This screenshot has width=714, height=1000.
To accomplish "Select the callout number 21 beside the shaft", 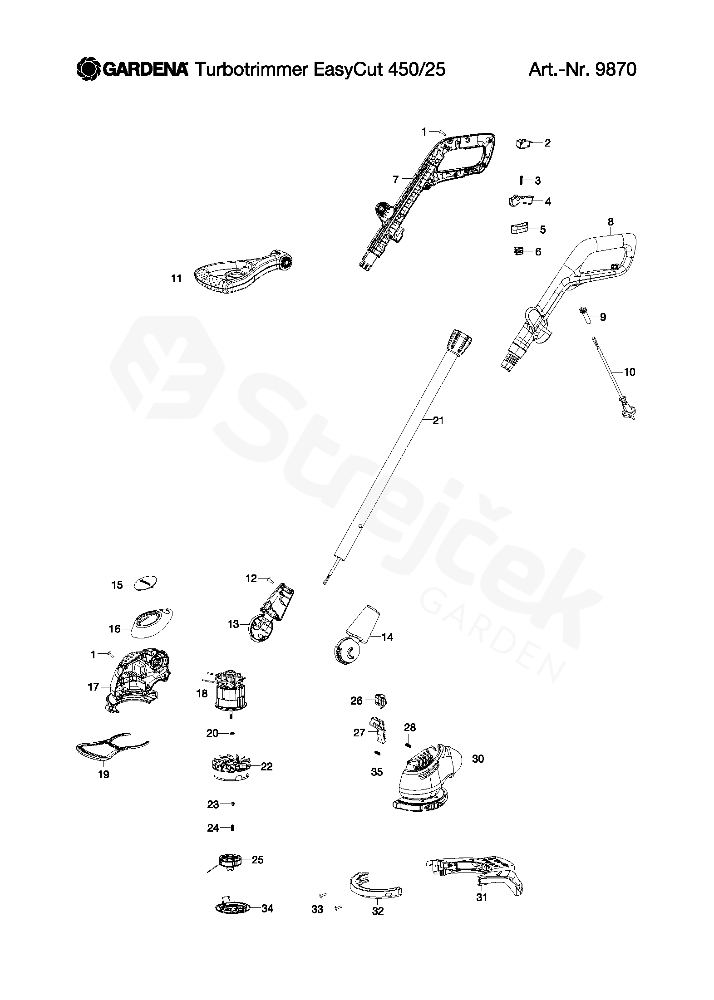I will coord(438,421).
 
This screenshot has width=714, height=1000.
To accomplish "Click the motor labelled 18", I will coord(231,694).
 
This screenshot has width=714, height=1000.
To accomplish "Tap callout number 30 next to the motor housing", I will coord(478,758).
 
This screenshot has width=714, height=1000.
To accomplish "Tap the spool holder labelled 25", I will coord(230,861).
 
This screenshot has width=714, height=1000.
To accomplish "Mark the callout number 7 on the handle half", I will coord(396,180).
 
